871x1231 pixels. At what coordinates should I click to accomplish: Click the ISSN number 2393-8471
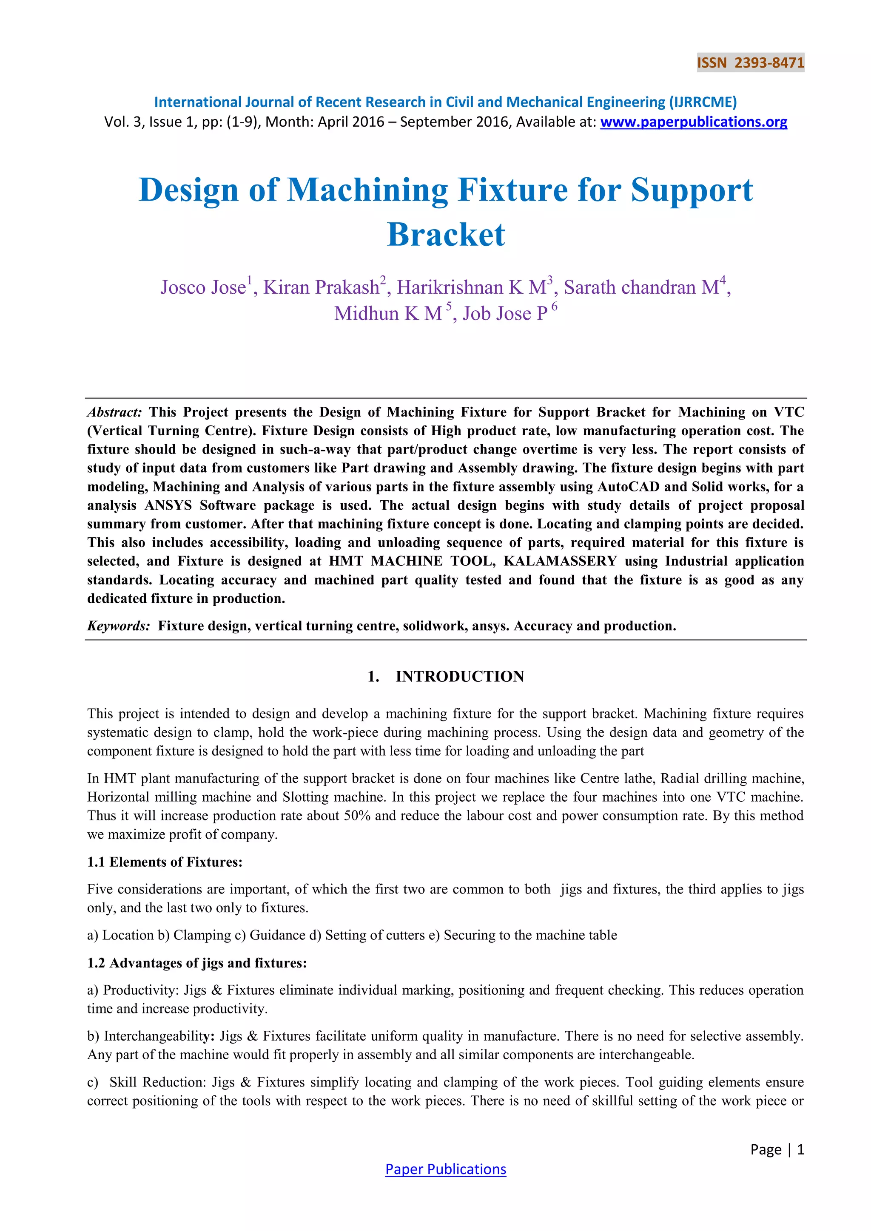click(x=769, y=63)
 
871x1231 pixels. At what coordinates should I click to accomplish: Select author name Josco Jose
click(x=203, y=287)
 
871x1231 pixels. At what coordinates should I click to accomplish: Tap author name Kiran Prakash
click(x=321, y=287)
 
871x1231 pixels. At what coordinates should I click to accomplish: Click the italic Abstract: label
click(x=114, y=412)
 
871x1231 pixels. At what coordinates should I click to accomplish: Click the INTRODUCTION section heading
click(x=460, y=676)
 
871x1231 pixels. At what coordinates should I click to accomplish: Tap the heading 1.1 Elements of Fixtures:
click(x=165, y=862)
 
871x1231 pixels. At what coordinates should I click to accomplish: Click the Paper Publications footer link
click(x=446, y=1169)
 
